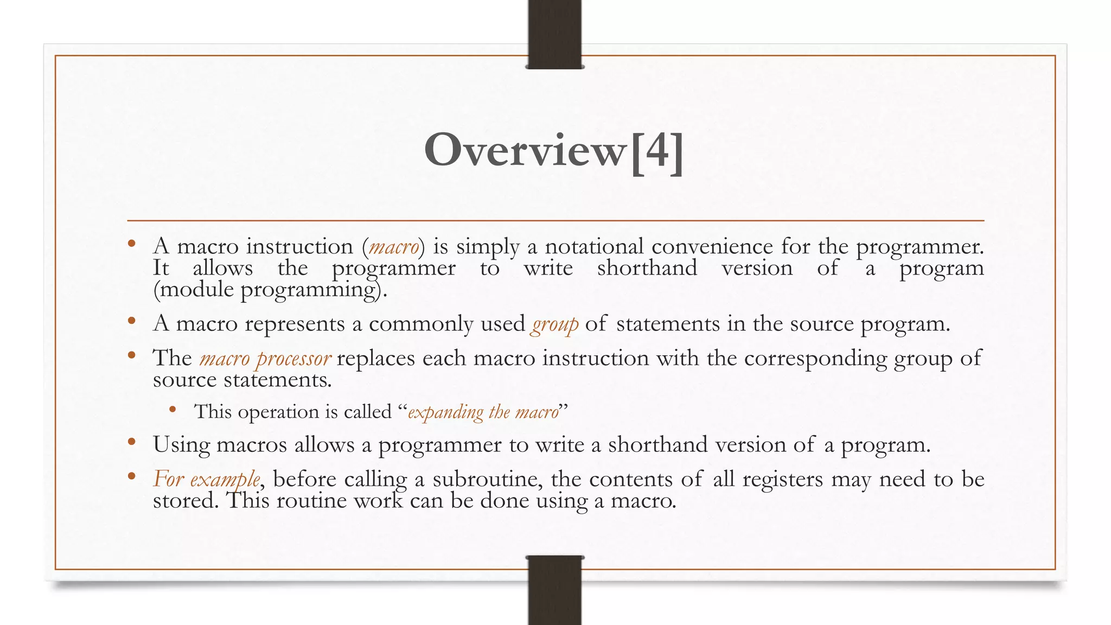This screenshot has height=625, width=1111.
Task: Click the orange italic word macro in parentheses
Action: [394, 247]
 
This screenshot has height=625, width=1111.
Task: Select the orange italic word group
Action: [554, 324]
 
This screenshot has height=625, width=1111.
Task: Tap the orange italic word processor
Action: [293, 359]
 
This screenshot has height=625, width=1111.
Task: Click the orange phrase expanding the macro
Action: [483, 412]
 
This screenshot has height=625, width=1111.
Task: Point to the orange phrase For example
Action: [206, 480]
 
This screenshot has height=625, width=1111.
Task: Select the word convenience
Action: [712, 247]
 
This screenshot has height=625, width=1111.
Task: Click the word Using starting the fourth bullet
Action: [181, 445]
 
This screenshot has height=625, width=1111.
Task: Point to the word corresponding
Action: [815, 359]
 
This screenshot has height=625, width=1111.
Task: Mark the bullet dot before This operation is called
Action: [173, 410]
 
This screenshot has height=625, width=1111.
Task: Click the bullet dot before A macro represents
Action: [131, 321]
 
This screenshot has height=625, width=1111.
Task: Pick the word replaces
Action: [375, 359]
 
